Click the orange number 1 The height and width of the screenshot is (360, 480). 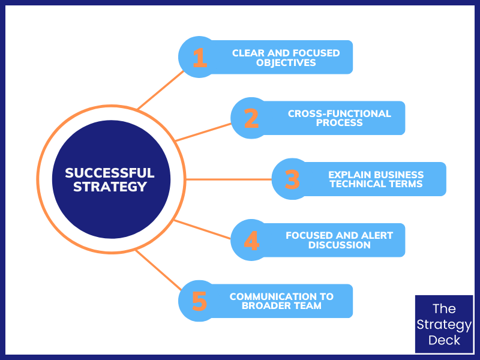200,58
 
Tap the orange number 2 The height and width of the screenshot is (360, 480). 251,118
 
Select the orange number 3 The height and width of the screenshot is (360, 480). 292,179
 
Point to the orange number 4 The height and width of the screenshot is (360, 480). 251,241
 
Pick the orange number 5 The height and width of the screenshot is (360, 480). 199,301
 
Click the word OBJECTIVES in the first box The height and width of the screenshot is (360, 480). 286,62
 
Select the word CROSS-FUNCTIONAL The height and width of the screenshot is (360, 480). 339,113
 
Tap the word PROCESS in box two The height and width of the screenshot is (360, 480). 339,123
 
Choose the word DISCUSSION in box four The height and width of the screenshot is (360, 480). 339,245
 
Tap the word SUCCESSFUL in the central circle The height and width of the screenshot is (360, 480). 110,173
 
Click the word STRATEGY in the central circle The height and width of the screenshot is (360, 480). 110,187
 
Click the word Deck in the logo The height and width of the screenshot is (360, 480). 444,340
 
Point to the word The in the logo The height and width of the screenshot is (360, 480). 444,309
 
